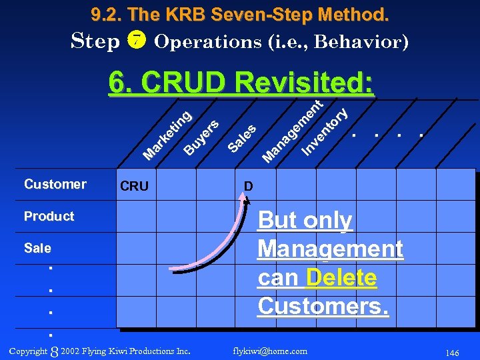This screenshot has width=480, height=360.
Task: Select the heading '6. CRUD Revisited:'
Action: click(x=241, y=84)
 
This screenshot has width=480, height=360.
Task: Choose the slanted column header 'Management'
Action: click(x=293, y=130)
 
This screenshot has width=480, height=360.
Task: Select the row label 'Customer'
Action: click(x=55, y=184)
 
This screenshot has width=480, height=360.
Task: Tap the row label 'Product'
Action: click(x=49, y=216)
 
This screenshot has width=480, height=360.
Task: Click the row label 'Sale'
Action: click(x=37, y=248)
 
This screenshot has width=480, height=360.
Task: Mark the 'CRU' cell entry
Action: click(x=134, y=186)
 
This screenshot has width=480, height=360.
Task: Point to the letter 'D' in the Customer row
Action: click(x=248, y=186)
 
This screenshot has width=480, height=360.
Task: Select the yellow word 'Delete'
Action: click(x=341, y=277)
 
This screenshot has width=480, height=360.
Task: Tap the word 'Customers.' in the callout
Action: click(x=323, y=306)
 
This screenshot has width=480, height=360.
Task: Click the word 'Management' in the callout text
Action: click(x=330, y=249)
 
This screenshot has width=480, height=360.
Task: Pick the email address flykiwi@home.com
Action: click(x=271, y=351)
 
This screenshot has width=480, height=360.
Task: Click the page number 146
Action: click(x=452, y=353)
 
